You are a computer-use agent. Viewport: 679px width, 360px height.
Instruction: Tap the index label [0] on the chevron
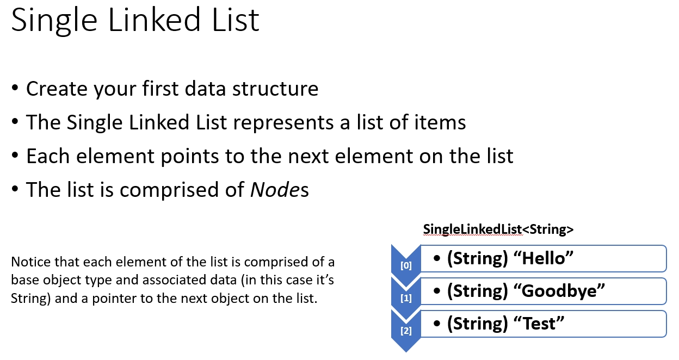(406, 266)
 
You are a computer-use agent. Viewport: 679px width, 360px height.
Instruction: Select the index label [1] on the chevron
(406, 298)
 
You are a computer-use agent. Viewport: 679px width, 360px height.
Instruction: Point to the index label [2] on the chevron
(406, 331)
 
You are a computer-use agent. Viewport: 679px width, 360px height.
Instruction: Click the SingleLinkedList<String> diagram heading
(498, 229)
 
